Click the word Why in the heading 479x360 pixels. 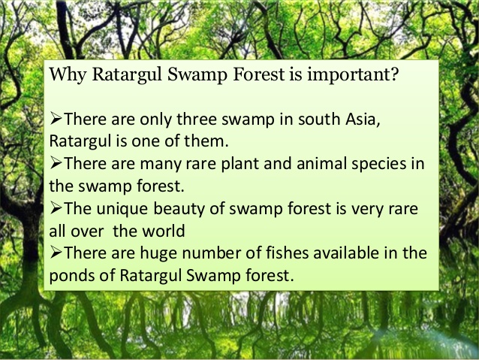point(68,75)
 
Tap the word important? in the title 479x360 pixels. point(353,75)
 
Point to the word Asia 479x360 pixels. point(363,119)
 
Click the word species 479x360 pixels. point(379,165)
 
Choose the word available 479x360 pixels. point(346,253)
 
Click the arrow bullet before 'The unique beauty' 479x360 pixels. point(56,209)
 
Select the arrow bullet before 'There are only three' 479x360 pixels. point(56,118)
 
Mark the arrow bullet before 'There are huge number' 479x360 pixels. point(56,253)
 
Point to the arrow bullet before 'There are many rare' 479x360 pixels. point(56,163)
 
